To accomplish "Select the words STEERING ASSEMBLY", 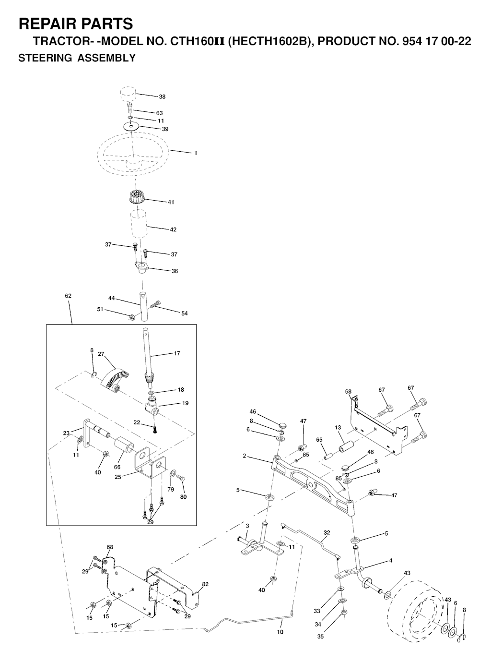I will tap(77, 59).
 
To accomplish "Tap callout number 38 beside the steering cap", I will tap(162, 97).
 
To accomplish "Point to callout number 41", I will tap(171, 202).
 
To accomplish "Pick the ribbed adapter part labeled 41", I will tap(137, 197).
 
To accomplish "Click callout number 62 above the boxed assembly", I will tap(68, 296).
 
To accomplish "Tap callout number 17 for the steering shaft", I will tap(177, 354).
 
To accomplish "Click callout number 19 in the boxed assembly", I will tap(185, 403).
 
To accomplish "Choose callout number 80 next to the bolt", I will tap(183, 497).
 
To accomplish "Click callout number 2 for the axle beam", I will tap(245, 456).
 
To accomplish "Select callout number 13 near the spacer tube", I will tap(338, 428).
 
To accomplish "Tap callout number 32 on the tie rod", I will tap(327, 533).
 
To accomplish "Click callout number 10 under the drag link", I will tap(281, 632).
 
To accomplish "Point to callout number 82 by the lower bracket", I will tap(205, 584).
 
